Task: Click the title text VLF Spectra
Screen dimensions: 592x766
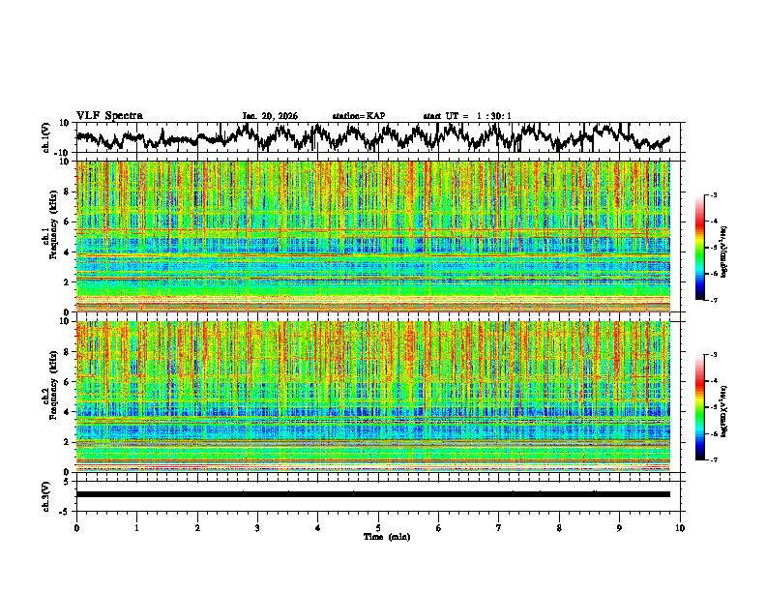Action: click(109, 116)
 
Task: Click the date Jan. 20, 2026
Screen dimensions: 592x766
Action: click(270, 116)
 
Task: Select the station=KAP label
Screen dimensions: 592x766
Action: click(358, 116)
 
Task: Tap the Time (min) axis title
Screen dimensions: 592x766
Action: click(378, 536)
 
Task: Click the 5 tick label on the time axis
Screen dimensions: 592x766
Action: click(378, 527)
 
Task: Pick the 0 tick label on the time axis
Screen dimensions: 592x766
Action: click(76, 527)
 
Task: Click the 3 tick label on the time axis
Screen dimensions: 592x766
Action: click(257, 527)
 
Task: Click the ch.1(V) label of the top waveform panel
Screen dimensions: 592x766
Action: click(45, 137)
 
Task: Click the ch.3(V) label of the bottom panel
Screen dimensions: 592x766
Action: click(45, 494)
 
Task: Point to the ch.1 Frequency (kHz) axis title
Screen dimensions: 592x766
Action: click(48, 237)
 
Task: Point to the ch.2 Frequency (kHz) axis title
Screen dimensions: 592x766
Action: click(48, 397)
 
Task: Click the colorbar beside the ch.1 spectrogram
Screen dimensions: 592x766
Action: click(700, 249)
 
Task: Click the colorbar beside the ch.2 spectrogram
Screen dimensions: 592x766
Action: click(700, 407)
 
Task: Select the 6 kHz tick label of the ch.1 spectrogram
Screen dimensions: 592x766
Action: click(68, 222)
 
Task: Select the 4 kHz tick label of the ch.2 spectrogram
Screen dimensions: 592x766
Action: click(68, 412)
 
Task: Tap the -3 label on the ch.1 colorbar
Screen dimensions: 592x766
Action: click(714, 196)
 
